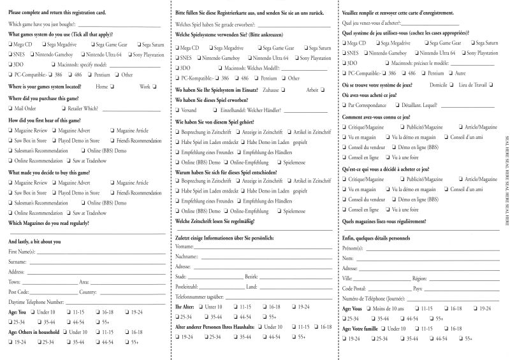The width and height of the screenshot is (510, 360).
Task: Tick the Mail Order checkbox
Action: coord(11,109)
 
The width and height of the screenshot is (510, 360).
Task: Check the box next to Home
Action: coord(112,86)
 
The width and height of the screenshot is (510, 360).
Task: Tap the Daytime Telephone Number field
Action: coord(114,301)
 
